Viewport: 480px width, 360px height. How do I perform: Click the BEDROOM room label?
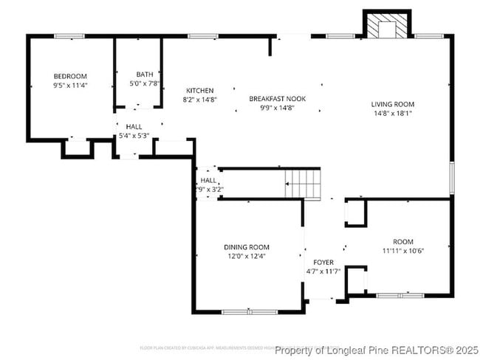(x=70, y=76)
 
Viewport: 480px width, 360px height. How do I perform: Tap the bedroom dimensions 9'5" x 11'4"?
(x=70, y=85)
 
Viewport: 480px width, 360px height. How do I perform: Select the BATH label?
(x=145, y=75)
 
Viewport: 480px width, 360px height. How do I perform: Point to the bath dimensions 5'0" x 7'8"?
(x=145, y=83)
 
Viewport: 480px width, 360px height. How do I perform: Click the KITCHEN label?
(x=199, y=90)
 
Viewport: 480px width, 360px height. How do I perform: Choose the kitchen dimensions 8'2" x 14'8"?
(x=199, y=99)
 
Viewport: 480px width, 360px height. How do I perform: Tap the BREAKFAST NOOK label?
(x=277, y=99)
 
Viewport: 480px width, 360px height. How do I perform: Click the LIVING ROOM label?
(x=392, y=104)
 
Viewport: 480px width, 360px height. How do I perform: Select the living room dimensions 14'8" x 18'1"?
(x=392, y=114)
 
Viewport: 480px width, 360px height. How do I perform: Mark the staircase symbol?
(x=304, y=183)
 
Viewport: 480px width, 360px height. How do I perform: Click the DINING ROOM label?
(x=247, y=247)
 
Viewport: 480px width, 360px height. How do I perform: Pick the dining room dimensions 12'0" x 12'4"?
(x=247, y=256)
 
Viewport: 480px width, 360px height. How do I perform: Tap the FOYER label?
(x=323, y=263)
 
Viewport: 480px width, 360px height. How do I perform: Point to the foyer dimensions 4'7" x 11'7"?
(x=323, y=271)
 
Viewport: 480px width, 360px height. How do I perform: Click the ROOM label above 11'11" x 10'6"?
(x=403, y=242)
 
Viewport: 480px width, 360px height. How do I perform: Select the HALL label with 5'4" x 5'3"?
(x=134, y=127)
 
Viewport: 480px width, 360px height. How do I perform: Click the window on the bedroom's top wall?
(x=69, y=35)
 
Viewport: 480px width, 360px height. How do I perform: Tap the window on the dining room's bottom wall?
(x=244, y=312)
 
